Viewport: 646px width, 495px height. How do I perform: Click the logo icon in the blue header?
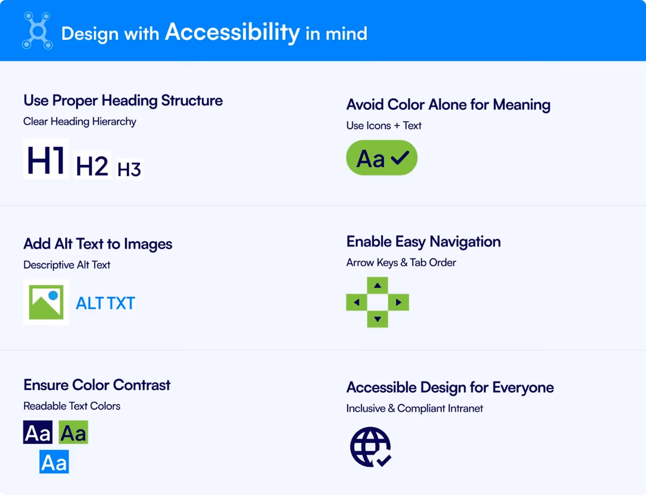pyautogui.click(x=38, y=31)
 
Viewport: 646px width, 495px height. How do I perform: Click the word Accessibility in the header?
pyautogui.click(x=232, y=32)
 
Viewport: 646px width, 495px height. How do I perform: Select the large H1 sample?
pyautogui.click(x=46, y=159)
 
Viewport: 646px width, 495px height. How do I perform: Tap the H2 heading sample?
pyautogui.click(x=92, y=165)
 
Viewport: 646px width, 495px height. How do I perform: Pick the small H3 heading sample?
pyautogui.click(x=129, y=169)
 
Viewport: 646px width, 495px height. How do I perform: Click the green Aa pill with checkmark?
pyautogui.click(x=381, y=158)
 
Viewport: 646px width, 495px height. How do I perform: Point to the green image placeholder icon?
pyautogui.click(x=46, y=302)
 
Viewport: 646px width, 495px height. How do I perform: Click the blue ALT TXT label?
pyautogui.click(x=106, y=303)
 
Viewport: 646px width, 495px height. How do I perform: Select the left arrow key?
pyautogui.click(x=357, y=302)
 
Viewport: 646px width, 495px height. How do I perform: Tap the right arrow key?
pyautogui.click(x=398, y=302)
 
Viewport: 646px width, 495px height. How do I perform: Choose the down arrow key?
pyautogui.click(x=378, y=319)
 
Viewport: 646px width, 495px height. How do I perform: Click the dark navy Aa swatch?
pyautogui.click(x=38, y=432)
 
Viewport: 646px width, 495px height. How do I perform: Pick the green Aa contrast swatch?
pyautogui.click(x=73, y=432)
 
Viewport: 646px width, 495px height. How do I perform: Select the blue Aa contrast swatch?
pyautogui.click(x=54, y=462)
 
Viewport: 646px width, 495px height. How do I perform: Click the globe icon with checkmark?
pyautogui.click(x=371, y=447)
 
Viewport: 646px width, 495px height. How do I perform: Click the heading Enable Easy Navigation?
pyautogui.click(x=423, y=241)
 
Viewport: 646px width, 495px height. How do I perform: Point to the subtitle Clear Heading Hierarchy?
pyautogui.click(x=80, y=121)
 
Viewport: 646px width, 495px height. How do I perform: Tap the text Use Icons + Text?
pyautogui.click(x=384, y=126)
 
